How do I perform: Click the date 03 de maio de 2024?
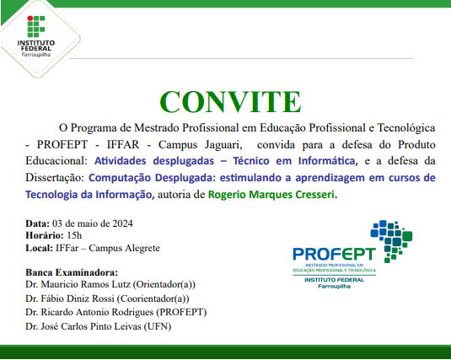click(92, 223)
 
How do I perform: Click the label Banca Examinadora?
click(72, 272)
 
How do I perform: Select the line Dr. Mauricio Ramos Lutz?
click(110, 285)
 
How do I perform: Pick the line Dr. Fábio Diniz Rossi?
click(108, 298)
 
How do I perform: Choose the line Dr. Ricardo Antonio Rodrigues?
click(115, 312)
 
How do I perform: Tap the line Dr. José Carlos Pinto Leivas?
click(98, 325)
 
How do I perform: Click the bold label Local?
click(40, 249)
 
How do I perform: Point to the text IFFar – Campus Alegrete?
click(108, 249)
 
